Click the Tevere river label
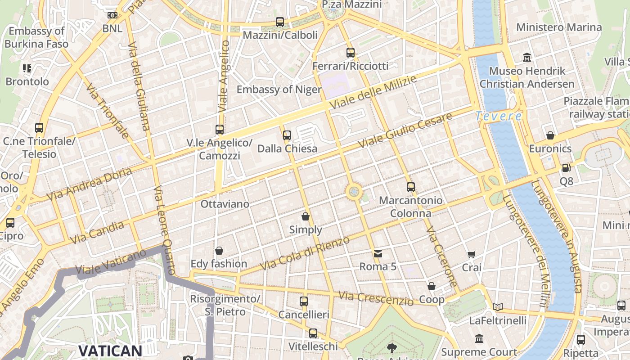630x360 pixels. click(x=499, y=116)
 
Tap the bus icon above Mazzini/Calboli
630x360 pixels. click(x=280, y=22)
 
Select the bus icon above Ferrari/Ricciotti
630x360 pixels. click(x=351, y=53)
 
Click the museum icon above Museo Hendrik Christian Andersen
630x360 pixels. click(x=527, y=58)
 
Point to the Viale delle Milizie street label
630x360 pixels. click(x=373, y=92)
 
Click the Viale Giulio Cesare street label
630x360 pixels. click(x=405, y=130)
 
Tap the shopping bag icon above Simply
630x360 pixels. click(x=306, y=216)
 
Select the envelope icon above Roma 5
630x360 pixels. click(x=378, y=254)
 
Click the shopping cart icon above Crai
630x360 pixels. click(x=471, y=255)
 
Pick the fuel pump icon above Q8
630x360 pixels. click(x=566, y=168)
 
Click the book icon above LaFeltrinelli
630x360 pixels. click(x=497, y=307)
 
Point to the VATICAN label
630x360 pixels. click(x=110, y=351)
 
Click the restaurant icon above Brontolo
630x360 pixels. click(x=27, y=68)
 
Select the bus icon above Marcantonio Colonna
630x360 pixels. click(x=411, y=187)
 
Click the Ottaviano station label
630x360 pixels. click(x=225, y=204)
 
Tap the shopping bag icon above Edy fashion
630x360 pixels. click(x=219, y=251)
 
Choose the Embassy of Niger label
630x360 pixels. click(x=279, y=89)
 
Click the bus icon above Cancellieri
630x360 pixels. click(x=304, y=301)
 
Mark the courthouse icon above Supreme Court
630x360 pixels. click(x=479, y=338)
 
